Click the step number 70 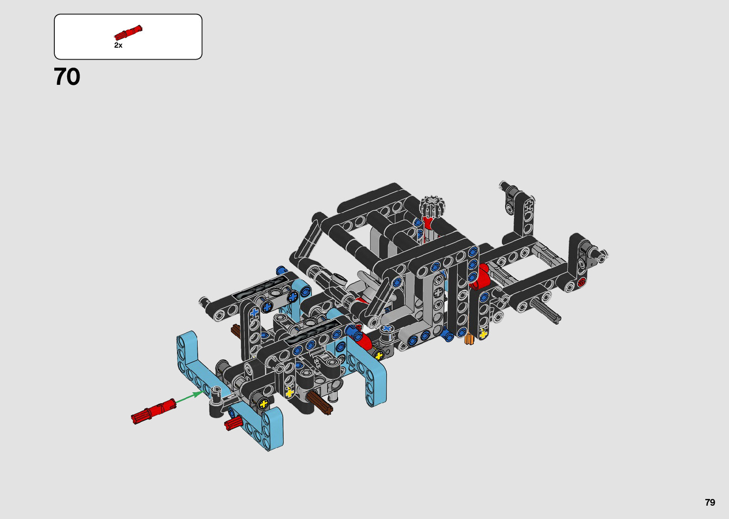(67, 77)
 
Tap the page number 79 (710, 502)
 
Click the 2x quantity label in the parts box (118, 45)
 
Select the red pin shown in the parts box (128, 32)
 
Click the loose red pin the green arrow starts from (153, 411)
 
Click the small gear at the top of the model (432, 206)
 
